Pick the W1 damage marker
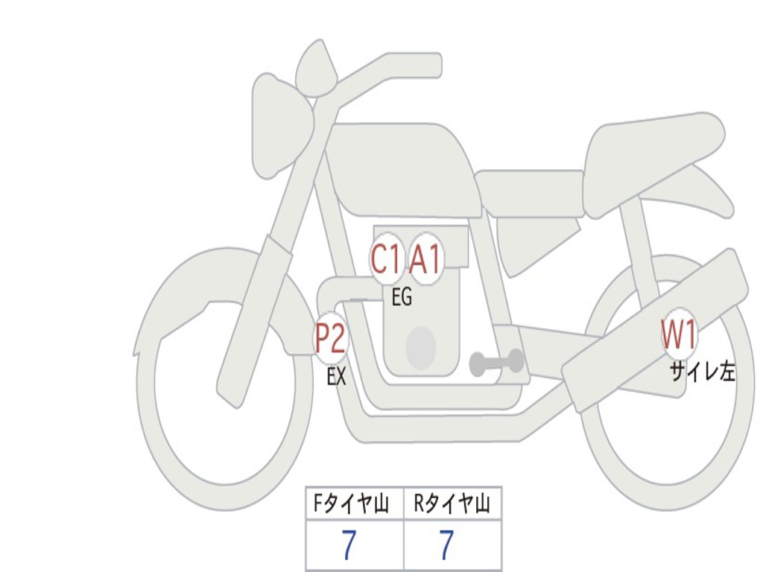tap(679, 334)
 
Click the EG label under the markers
tap(402, 298)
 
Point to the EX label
tap(337, 377)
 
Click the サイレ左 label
tap(702, 372)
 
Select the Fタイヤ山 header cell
tap(355, 505)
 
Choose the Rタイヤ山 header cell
tap(452, 505)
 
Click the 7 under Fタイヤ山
tap(349, 546)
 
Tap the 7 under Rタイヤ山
tap(446, 546)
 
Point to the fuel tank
tap(402, 168)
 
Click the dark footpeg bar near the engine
tap(496, 363)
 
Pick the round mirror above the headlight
tap(316, 69)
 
